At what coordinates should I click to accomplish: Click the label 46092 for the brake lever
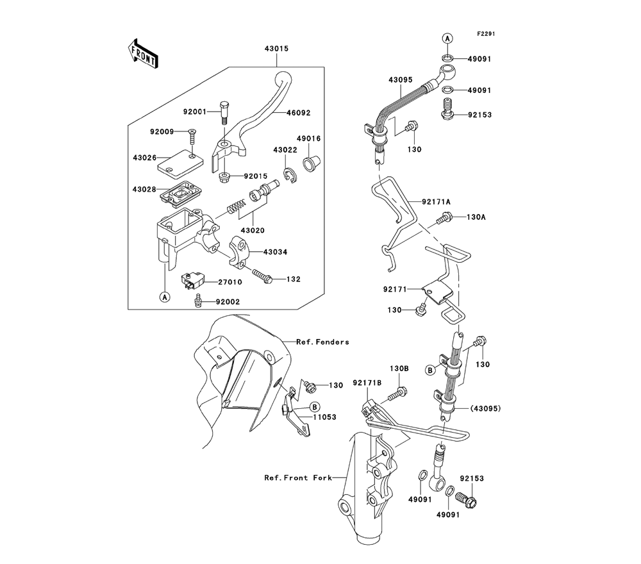(x=297, y=112)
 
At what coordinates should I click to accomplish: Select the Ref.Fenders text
(x=322, y=342)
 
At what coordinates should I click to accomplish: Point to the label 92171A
(x=437, y=201)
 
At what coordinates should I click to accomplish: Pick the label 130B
(x=399, y=369)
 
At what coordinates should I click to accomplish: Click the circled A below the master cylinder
(x=165, y=297)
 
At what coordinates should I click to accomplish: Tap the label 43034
(x=274, y=253)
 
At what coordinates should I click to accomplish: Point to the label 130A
(x=476, y=217)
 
